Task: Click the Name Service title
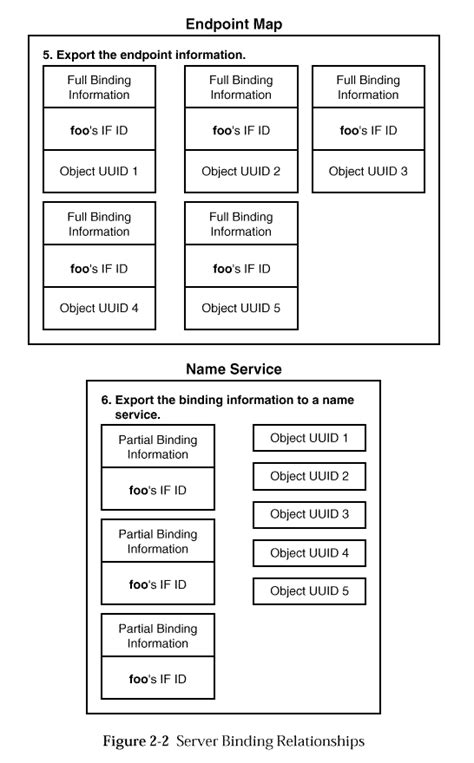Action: point(234,369)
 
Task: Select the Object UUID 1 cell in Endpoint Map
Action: point(99,172)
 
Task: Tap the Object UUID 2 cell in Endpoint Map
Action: point(241,172)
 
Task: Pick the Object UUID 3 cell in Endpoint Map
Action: point(368,172)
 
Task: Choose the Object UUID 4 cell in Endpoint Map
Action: point(99,308)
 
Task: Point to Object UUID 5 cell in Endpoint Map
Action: point(241,308)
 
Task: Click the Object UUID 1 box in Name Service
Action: point(309,438)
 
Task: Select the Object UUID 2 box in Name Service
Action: point(309,476)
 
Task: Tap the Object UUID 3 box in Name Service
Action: point(309,514)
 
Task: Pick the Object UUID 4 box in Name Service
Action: point(309,553)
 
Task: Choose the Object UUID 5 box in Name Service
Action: point(309,591)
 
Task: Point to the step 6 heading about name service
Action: point(227,406)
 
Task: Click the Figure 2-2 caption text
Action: point(234,741)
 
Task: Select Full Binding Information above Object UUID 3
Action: point(368,87)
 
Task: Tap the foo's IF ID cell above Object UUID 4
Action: point(99,268)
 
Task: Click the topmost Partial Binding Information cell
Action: point(158,447)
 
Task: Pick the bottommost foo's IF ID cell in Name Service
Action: point(158,679)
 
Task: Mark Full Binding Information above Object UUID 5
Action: point(241,224)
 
